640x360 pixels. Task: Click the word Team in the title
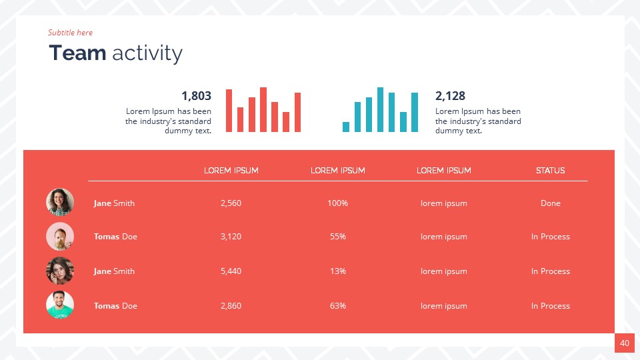pos(77,53)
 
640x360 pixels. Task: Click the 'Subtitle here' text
pos(70,33)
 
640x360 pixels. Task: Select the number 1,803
pos(196,96)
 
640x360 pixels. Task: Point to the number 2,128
pos(450,96)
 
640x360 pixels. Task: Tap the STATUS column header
pos(550,171)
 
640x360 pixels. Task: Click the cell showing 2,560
pos(231,203)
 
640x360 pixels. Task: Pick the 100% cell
pos(337,203)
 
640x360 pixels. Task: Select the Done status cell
pos(550,203)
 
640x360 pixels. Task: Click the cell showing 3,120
pos(231,237)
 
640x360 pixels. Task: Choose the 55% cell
pos(337,237)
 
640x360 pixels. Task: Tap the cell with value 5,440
pos(231,271)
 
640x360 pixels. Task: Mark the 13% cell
pos(337,271)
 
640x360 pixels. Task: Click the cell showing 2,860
pos(231,306)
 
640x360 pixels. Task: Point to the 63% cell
pos(337,306)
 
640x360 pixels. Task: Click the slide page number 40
pos(625,343)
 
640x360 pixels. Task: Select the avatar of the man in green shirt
pos(60,305)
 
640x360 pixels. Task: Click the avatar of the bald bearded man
pos(60,237)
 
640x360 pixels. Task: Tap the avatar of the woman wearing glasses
pos(60,271)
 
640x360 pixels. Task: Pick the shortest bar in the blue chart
pos(346,127)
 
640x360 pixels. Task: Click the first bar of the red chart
pos(229,111)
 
